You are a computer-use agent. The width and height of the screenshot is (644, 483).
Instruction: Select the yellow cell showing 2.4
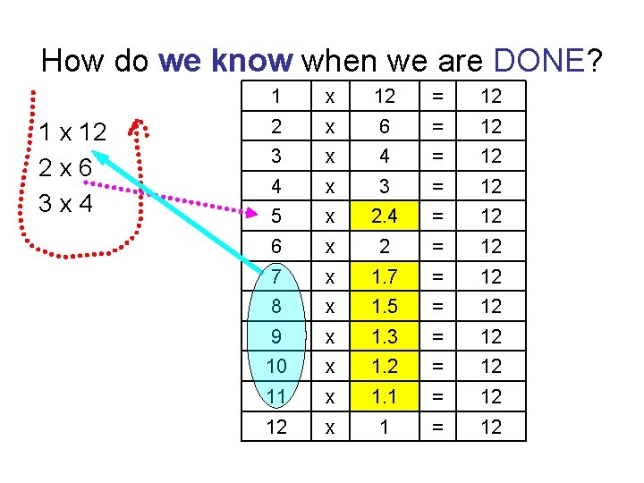[x=384, y=216]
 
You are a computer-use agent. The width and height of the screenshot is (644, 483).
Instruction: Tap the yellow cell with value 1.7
[x=384, y=275]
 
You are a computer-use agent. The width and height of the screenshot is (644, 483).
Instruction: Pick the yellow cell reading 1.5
[x=384, y=306]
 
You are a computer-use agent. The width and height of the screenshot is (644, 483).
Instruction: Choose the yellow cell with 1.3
[x=384, y=336]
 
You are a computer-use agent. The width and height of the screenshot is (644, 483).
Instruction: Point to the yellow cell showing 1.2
[x=384, y=366]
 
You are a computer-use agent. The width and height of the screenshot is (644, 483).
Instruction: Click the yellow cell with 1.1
[x=384, y=396]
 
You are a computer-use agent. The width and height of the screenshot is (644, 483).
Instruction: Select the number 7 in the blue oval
[x=276, y=275]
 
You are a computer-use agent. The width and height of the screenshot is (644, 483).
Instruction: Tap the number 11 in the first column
[x=276, y=396]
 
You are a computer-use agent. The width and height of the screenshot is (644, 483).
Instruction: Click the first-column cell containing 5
[x=276, y=216]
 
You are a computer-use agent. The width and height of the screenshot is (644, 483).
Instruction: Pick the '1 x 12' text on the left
[x=72, y=133]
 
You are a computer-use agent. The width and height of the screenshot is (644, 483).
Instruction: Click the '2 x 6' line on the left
[x=67, y=168]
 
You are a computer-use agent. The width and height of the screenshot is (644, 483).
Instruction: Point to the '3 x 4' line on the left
[x=67, y=202]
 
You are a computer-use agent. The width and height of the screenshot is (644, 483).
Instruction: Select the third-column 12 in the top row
[x=384, y=96]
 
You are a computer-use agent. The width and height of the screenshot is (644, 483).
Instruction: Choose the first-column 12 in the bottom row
[x=276, y=427]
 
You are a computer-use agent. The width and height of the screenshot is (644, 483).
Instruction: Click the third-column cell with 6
[x=384, y=126]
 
